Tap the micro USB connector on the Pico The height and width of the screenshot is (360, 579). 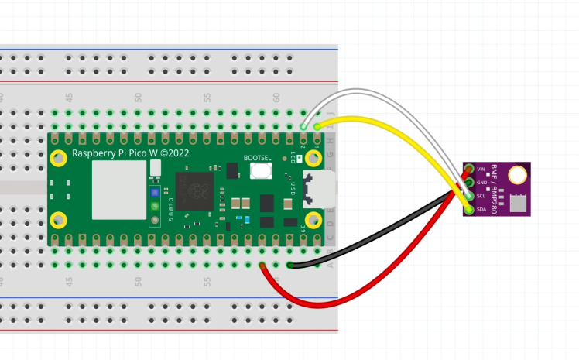[323, 190]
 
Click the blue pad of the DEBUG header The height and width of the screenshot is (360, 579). [155, 192]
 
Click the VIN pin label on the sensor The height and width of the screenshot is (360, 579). [481, 169]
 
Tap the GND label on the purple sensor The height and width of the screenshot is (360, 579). [481, 183]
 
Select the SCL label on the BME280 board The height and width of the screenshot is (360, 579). [481, 196]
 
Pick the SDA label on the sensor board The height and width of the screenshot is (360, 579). [481, 209]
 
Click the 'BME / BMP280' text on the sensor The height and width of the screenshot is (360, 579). [493, 189]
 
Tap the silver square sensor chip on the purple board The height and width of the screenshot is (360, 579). [516, 203]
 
